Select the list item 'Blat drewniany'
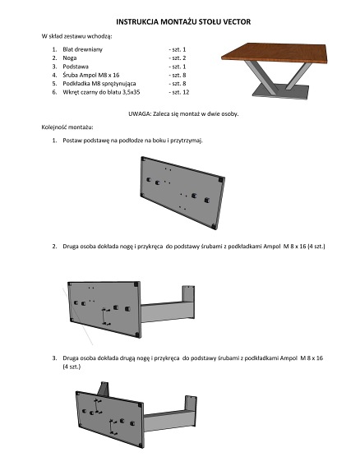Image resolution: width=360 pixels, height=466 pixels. pyautogui.click(x=82, y=49)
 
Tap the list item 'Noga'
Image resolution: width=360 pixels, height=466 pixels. pyautogui.click(x=70, y=58)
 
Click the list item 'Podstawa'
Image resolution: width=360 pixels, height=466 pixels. pyautogui.click(x=76, y=67)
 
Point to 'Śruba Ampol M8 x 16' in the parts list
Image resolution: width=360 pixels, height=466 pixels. pyautogui.click(x=91, y=75)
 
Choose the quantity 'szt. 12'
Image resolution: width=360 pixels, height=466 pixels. pyautogui.click(x=181, y=92)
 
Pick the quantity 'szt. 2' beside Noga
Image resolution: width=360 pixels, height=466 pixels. pyautogui.click(x=179, y=58)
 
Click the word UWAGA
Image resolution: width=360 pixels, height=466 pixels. pyautogui.click(x=140, y=113)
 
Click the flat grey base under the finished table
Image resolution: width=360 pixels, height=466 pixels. pyautogui.click(x=281, y=90)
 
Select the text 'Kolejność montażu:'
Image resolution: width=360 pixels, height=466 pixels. pyautogui.click(x=67, y=127)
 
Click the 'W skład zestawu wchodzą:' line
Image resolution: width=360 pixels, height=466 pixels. pyautogui.click(x=76, y=36)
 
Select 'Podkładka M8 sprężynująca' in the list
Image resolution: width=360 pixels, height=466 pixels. pyautogui.click(x=99, y=84)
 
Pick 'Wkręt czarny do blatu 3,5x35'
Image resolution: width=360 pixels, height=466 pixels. pyautogui.click(x=101, y=92)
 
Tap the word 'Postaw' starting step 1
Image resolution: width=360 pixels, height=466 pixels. pyautogui.click(x=72, y=141)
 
